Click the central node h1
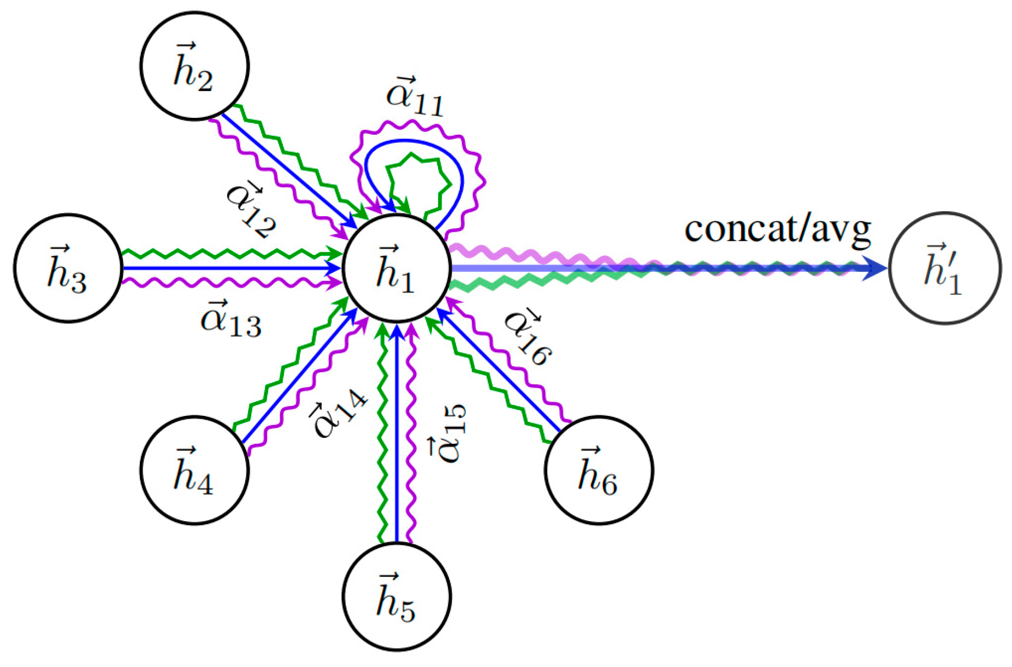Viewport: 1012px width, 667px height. click(x=396, y=268)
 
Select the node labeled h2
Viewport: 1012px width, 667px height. click(x=194, y=66)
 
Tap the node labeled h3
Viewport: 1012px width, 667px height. click(x=68, y=268)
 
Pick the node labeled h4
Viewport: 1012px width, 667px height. click(x=194, y=470)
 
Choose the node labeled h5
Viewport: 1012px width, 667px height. click(x=396, y=597)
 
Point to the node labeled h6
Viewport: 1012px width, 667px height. click(x=599, y=470)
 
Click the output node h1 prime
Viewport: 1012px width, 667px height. click(x=944, y=268)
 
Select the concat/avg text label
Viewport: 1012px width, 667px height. click(x=777, y=229)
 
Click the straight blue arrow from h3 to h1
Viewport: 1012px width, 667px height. click(x=229, y=268)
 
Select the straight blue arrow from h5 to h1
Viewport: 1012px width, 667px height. click(x=396, y=437)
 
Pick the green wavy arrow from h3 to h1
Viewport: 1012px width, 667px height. click(x=229, y=254)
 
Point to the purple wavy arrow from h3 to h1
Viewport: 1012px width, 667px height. click(x=229, y=283)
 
